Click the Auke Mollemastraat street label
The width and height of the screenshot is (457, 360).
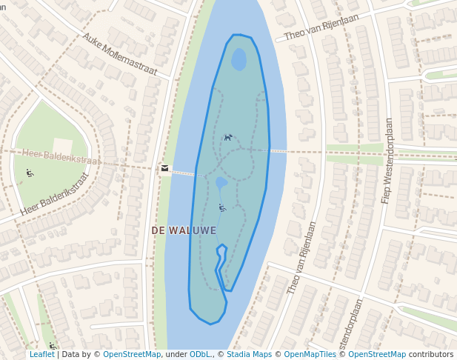pos(120,53)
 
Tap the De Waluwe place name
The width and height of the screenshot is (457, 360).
pos(184,230)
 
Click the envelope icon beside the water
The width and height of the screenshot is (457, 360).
pos(164,168)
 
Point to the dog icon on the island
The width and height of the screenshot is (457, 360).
pos(228,137)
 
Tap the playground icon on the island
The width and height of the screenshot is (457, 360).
pos(221,207)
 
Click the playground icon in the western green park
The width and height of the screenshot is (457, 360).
pos(30,173)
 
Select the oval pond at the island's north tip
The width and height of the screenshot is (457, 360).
pos(238,59)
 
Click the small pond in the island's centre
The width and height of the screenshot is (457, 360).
pos(221,182)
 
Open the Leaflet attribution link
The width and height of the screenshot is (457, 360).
pos(41,355)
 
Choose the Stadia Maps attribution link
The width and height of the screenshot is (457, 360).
pos(249,355)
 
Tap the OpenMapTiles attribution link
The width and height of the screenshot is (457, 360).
pos(310,355)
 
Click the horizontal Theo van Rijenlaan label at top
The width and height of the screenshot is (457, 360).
pos(321,27)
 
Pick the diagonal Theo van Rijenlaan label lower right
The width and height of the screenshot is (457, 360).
pos(301,258)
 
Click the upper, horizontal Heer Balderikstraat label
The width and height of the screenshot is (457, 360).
pos(60,156)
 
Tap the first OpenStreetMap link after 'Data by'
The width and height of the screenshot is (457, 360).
pos(132,355)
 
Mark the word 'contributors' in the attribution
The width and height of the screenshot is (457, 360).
pos(431,355)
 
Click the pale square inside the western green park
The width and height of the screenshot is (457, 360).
pos(62,147)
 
